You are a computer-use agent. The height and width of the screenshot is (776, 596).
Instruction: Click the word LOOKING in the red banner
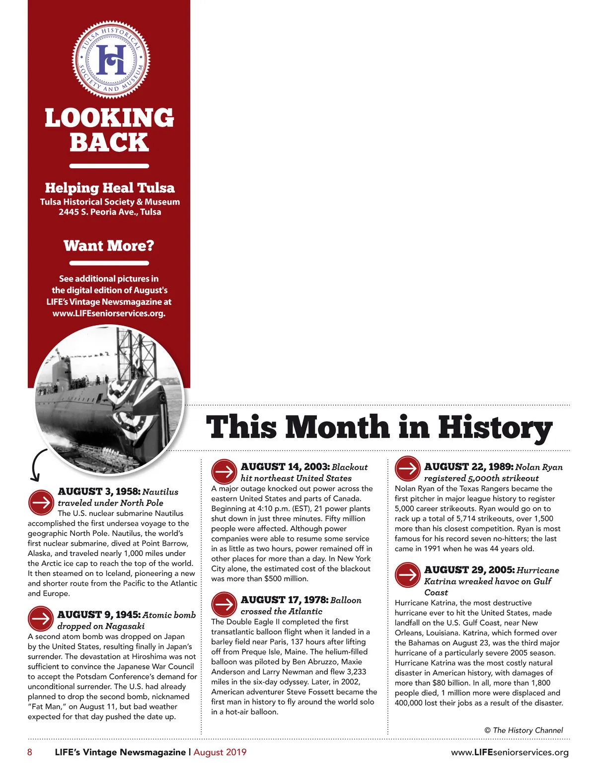point(109,118)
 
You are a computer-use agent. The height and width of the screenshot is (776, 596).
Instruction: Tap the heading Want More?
point(109,246)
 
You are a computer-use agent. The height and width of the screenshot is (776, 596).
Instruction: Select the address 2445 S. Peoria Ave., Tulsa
point(110,212)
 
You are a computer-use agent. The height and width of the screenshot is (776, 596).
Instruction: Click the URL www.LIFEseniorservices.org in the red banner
point(109,313)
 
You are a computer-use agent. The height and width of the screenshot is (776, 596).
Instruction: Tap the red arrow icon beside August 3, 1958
point(41,502)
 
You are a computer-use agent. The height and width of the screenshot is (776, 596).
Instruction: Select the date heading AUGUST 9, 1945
point(99,615)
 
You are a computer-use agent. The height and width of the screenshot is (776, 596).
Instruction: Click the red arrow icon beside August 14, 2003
point(224,472)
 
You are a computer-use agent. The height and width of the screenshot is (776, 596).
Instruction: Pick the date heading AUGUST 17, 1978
point(284,600)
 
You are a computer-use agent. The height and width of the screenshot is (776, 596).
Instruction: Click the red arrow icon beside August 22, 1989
point(408,468)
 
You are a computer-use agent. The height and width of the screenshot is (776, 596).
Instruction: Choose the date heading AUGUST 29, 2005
point(469,570)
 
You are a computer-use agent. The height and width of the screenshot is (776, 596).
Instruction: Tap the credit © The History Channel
point(523,730)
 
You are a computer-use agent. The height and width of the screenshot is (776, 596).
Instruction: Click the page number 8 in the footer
point(30,752)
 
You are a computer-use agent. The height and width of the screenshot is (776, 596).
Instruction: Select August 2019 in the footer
point(220,752)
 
